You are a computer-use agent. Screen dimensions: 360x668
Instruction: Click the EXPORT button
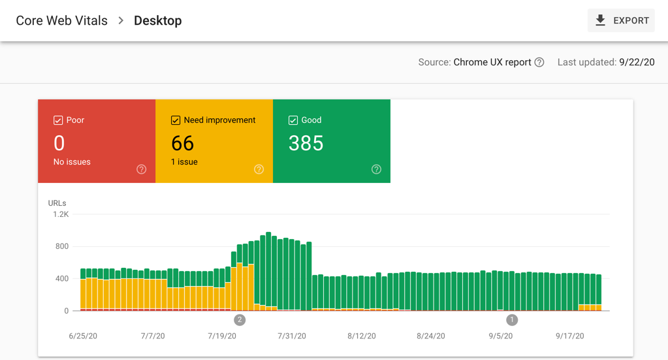click(621, 21)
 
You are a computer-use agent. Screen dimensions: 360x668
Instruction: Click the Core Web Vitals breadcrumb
click(61, 21)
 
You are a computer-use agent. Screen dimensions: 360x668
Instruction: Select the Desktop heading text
click(157, 21)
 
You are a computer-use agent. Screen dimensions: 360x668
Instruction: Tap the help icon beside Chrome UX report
click(539, 63)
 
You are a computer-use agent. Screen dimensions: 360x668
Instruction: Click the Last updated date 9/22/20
click(637, 63)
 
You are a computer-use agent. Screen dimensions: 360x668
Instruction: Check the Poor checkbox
click(58, 120)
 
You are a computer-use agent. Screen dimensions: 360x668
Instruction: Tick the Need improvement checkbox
click(176, 120)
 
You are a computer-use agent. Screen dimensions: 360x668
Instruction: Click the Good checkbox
click(293, 120)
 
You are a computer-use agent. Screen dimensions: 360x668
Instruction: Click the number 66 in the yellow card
click(183, 143)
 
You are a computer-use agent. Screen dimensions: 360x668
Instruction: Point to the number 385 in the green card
click(306, 143)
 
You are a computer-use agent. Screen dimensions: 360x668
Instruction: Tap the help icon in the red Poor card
click(141, 169)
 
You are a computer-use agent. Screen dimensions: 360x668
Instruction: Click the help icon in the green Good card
click(376, 169)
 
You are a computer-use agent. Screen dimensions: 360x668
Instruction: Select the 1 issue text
click(184, 162)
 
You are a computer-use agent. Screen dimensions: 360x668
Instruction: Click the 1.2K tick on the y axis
click(61, 214)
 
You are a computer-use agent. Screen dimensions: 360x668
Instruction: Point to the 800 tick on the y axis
click(61, 246)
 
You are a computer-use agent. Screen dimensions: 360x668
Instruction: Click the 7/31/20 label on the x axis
click(292, 336)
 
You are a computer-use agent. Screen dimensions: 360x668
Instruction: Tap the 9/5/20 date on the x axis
click(500, 336)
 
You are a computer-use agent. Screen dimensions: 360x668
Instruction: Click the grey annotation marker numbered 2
click(240, 319)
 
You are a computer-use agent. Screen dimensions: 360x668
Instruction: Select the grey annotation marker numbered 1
click(512, 319)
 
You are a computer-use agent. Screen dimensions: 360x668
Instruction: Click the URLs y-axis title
click(57, 203)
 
